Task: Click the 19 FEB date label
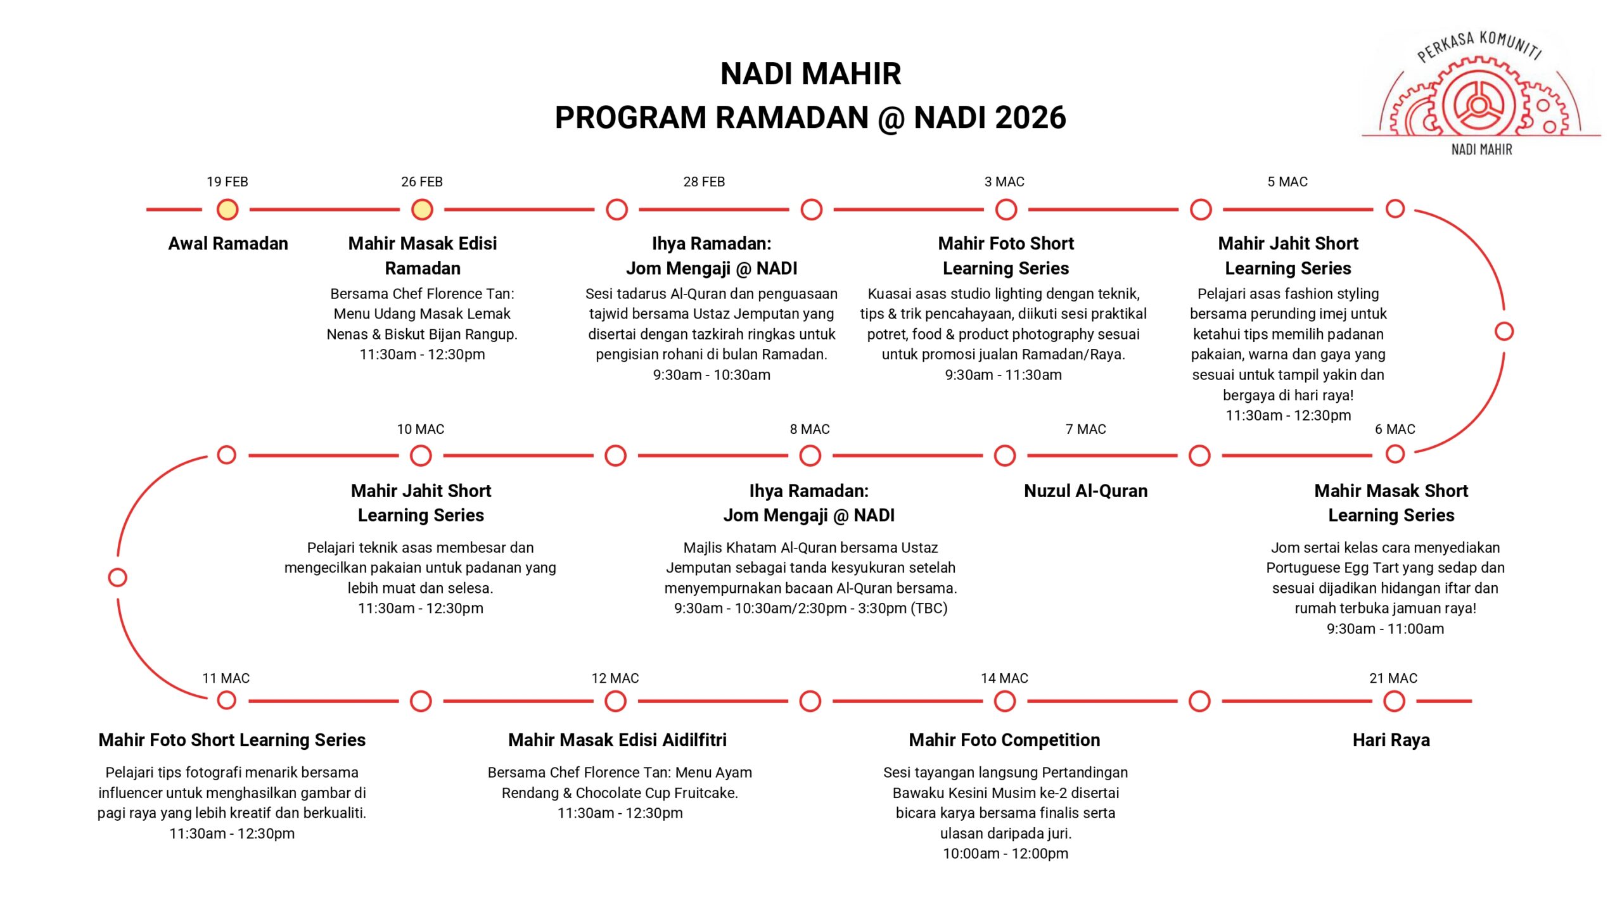coord(227,182)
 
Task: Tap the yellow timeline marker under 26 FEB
coord(422,209)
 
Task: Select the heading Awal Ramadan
coord(228,243)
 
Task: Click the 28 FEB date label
coord(704,182)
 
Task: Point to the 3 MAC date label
coord(1004,182)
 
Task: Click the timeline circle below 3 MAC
coord(1006,209)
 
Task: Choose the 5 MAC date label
coord(1287,182)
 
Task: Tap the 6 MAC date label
coord(1395,429)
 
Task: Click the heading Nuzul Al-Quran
coord(1086,491)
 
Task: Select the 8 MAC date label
coord(810,429)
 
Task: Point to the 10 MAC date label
coord(421,429)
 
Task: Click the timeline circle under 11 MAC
coord(226,700)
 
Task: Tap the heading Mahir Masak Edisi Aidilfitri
coord(617,740)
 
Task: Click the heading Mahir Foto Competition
coord(1005,740)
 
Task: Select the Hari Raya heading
coord(1391,740)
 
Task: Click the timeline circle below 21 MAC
coord(1394,701)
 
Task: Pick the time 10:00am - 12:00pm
coord(1006,853)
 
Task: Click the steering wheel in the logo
coord(1479,105)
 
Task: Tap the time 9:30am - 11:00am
coord(1386,628)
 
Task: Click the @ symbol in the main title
coord(891,118)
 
